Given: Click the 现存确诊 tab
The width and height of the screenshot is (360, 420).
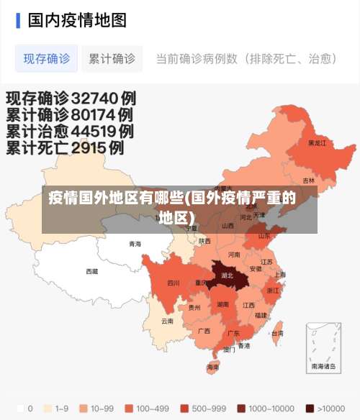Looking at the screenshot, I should (47, 59).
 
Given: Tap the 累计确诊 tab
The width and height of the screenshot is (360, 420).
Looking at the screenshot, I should (112, 59).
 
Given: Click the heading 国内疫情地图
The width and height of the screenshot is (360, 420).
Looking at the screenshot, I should (77, 19).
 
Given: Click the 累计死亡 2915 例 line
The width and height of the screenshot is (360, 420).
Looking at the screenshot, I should (66, 148).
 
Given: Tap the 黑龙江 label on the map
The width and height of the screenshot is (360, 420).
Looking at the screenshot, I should (317, 143).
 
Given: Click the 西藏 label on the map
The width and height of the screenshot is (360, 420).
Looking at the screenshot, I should (92, 271).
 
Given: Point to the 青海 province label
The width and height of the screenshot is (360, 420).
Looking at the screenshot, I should (135, 244).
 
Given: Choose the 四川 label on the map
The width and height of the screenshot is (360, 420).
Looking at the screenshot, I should (174, 283).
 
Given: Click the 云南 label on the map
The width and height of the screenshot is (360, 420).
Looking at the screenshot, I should (167, 321).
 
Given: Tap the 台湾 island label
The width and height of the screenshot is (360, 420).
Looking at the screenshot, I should (276, 333).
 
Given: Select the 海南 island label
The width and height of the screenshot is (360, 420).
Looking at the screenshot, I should (213, 367).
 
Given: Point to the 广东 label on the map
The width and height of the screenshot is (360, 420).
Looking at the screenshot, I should (233, 334).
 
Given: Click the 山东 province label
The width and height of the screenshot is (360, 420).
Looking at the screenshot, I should (264, 235).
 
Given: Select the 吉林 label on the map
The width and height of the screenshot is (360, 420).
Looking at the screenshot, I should (308, 181).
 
